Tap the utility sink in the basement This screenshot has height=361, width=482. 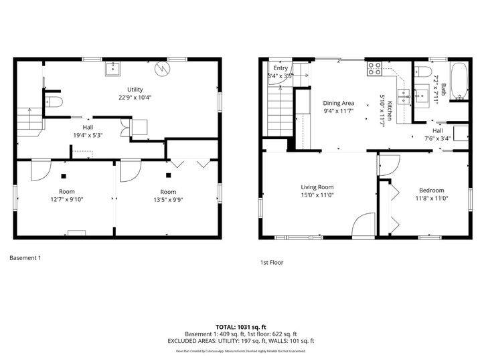pos(113,68)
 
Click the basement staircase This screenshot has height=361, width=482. pos(29,122)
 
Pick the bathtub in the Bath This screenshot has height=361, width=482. pos(459,82)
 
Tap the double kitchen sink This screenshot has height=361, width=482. pos(404,98)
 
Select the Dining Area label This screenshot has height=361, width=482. pos(338,107)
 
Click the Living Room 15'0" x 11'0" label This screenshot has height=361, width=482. pos(317,191)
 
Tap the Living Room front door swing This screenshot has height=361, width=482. pos(364,225)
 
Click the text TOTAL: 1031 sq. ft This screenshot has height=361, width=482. pos(240,326)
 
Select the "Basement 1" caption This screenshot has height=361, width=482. pos(25,257)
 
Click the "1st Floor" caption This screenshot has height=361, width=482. pos(271,263)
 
